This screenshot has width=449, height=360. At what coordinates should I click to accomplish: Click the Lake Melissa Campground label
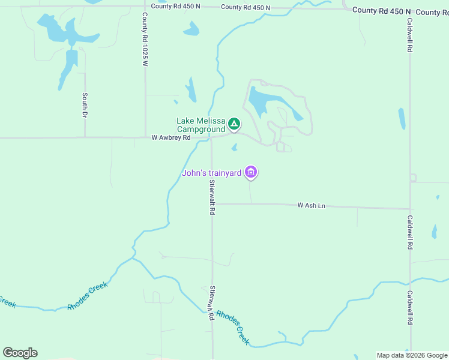[200, 125]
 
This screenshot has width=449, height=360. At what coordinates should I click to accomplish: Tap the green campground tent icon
[234, 124]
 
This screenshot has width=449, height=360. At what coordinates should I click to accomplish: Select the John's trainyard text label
[212, 174]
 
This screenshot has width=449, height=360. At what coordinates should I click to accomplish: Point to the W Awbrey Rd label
[171, 137]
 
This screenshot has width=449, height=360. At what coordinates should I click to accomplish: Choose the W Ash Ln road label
[311, 206]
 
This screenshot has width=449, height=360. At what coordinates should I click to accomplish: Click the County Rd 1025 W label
[145, 38]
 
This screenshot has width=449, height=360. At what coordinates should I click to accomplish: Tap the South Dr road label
[85, 105]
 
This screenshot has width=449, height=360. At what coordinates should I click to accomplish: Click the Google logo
[20, 353]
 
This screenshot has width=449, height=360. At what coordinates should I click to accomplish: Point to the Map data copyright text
[412, 355]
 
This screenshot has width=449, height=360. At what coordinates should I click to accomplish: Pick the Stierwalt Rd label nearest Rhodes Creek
[211, 302]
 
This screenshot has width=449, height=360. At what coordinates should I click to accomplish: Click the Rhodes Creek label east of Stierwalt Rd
[233, 327]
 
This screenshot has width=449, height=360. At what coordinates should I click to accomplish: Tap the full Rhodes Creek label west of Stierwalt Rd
[88, 296]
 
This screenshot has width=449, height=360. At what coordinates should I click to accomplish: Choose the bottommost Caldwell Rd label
[409, 308]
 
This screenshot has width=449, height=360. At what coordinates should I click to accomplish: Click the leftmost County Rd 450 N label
[175, 6]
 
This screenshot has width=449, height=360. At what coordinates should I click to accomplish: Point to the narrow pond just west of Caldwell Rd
[402, 118]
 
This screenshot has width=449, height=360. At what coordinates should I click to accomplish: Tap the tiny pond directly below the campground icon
[234, 147]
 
